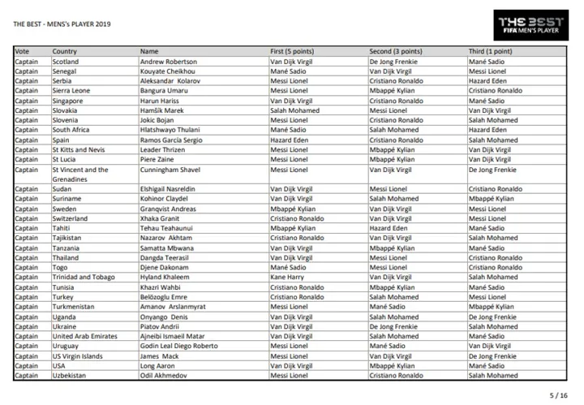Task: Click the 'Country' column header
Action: [65, 51]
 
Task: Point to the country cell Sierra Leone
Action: [71, 91]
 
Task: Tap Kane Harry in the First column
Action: [288, 277]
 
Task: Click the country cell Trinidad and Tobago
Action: [83, 277]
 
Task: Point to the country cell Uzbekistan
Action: [70, 375]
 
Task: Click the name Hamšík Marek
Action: [161, 110]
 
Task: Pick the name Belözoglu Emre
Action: [165, 297]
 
